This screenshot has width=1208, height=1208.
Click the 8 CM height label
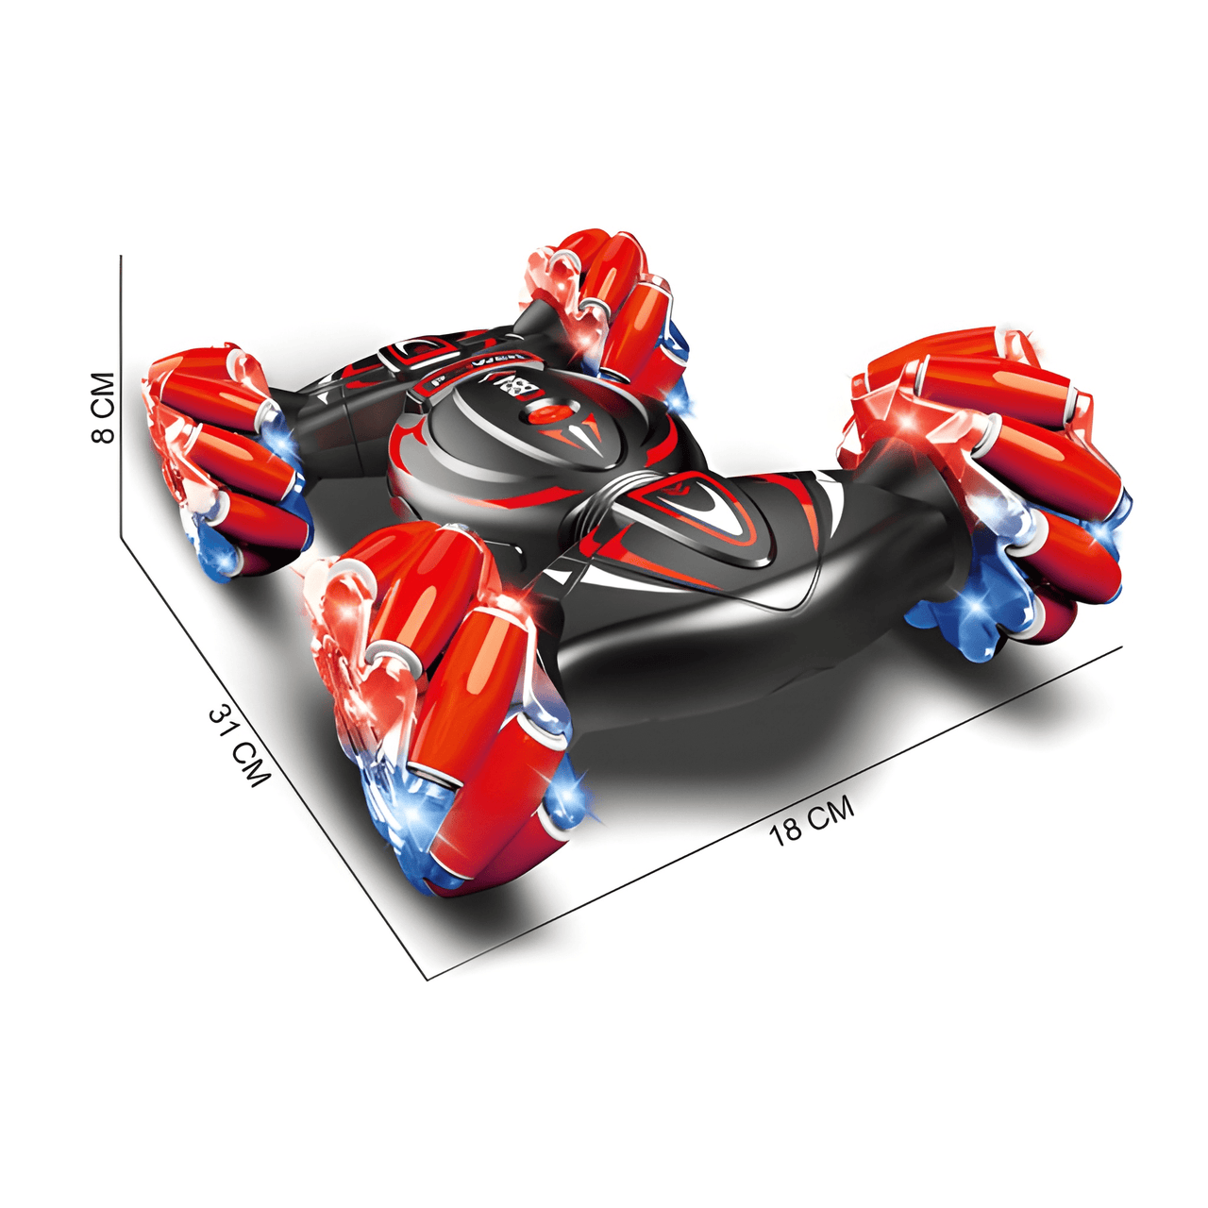(x=103, y=408)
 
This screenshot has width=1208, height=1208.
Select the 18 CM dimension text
(x=812, y=819)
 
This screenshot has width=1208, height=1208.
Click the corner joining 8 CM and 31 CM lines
(x=122, y=537)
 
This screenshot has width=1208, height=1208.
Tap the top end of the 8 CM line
(x=122, y=256)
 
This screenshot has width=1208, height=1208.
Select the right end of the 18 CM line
(x=1121, y=646)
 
